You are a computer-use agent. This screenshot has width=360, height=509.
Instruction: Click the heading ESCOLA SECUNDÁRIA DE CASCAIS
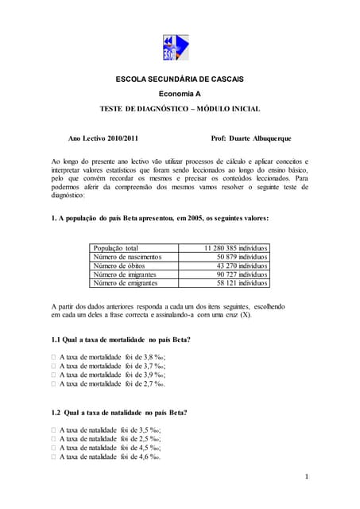(x=180, y=80)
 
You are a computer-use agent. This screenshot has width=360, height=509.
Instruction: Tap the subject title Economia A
(x=180, y=94)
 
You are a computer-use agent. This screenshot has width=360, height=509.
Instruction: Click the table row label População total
(x=116, y=248)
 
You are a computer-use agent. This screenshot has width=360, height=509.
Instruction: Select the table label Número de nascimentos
(x=127, y=257)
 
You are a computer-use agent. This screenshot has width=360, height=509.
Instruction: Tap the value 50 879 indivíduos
(x=242, y=257)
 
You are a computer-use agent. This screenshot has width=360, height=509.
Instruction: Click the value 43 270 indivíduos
(x=242, y=266)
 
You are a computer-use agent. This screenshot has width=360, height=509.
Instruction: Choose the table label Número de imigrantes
(x=126, y=274)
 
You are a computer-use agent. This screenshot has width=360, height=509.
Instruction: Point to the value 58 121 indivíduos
(x=242, y=283)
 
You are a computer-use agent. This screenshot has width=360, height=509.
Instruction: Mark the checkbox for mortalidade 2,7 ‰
(x=54, y=384)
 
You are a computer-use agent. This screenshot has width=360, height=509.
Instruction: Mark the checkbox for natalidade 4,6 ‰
(x=54, y=457)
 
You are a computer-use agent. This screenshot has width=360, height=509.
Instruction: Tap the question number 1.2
(x=56, y=412)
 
